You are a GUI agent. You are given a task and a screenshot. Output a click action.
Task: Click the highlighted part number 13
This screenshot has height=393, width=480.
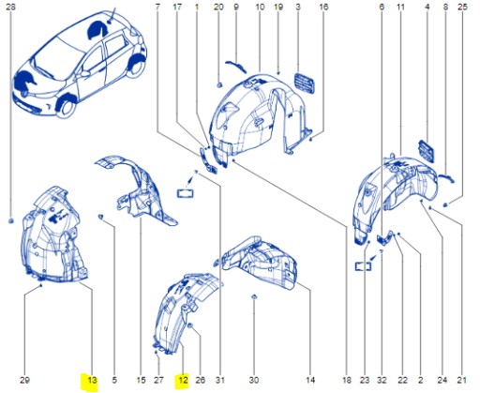pyautogui.click(x=91, y=380)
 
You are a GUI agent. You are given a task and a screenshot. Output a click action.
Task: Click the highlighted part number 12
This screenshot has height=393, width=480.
pyautogui.click(x=184, y=380)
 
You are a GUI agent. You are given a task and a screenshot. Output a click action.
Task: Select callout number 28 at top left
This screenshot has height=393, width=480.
pyautogui.click(x=10, y=8)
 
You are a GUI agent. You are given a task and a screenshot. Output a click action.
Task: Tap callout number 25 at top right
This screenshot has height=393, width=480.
pyautogui.click(x=461, y=8)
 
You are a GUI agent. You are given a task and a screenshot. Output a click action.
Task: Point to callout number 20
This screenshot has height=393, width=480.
pyautogui.click(x=217, y=8)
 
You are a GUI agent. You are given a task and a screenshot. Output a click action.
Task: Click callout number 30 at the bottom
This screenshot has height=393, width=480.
pyautogui.click(x=254, y=380)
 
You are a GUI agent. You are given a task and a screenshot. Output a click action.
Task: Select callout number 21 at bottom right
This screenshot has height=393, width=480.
pyautogui.click(x=461, y=380)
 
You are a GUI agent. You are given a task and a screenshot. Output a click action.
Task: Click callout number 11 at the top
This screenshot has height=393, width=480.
pyautogui.click(x=400, y=8)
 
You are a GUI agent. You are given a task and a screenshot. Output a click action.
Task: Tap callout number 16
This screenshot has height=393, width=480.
pyautogui.click(x=323, y=8)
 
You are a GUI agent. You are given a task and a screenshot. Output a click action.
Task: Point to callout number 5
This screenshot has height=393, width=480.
pyautogui.click(x=114, y=380)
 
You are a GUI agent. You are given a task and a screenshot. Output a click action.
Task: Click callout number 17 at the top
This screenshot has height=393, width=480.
pyautogui.click(x=177, y=8)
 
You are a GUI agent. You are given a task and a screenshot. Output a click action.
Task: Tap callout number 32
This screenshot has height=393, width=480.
pyautogui.click(x=382, y=380)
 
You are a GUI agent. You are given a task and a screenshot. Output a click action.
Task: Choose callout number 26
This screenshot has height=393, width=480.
pyautogui.click(x=200, y=380)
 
